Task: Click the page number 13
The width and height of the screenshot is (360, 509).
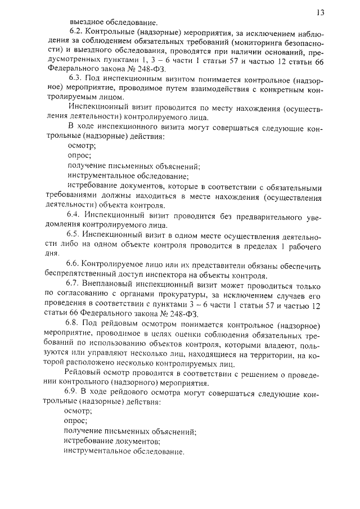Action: click(321, 11)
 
